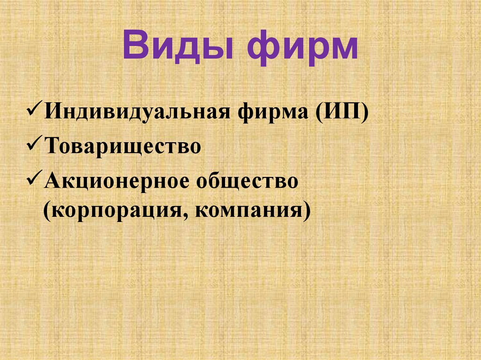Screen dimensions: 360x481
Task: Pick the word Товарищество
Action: [123, 147]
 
